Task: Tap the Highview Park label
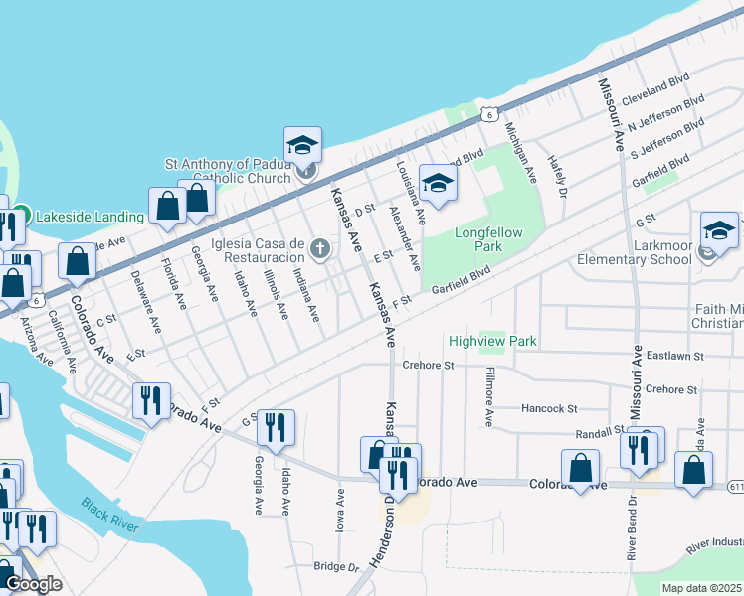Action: [x=492, y=341]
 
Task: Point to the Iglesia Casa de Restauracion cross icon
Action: [x=319, y=248]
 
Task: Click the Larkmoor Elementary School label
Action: [x=635, y=260]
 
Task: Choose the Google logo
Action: [x=33, y=584]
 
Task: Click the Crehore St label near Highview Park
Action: [x=428, y=366]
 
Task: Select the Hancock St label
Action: [x=549, y=408]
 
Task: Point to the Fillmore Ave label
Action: [x=488, y=397]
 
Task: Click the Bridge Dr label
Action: [x=335, y=567]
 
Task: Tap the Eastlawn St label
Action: [x=673, y=355]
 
